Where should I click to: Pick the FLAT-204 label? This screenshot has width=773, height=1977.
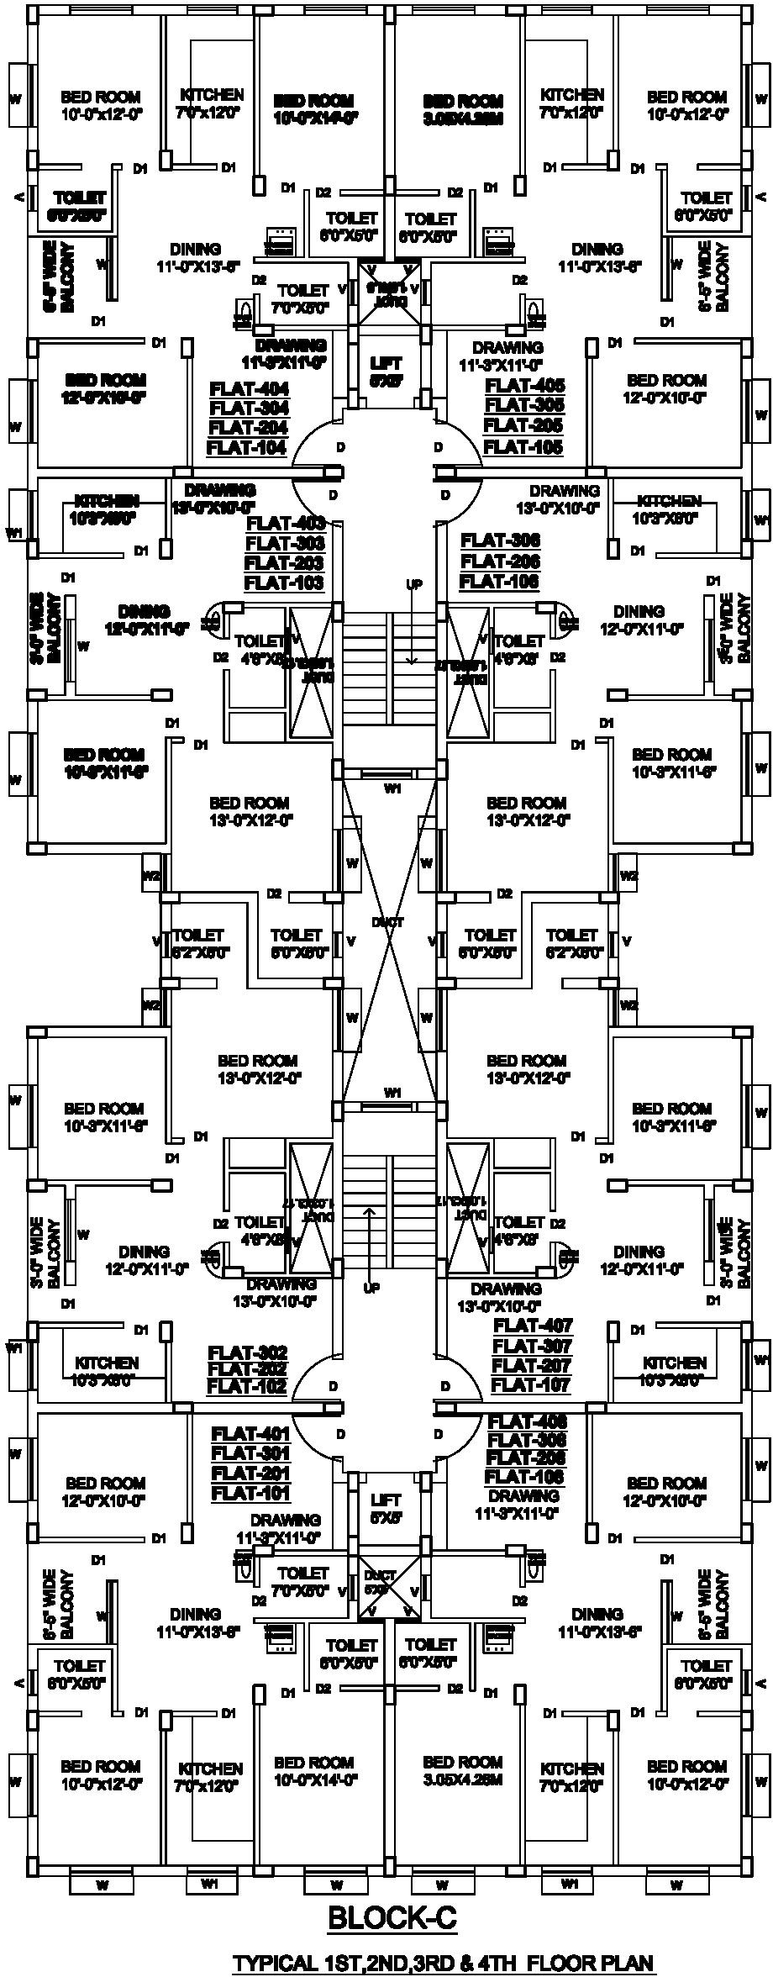[x=248, y=428]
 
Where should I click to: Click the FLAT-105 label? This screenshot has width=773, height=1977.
[x=524, y=447]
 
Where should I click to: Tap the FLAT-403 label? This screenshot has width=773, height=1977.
[x=285, y=523]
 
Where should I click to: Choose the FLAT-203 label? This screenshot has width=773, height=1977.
[x=285, y=562]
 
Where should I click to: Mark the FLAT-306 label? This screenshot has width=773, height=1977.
[x=501, y=540]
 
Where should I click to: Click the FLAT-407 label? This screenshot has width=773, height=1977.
[x=532, y=1326]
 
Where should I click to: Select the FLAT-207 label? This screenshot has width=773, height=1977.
[x=532, y=1365]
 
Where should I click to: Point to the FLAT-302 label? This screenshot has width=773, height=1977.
[x=248, y=1352]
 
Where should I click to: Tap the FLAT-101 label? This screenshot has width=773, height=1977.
[x=250, y=1493]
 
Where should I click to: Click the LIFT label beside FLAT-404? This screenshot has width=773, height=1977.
[x=386, y=363]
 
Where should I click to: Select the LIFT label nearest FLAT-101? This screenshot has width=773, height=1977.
[x=386, y=1500]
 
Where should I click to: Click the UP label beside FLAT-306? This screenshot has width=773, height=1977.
[x=414, y=584]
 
